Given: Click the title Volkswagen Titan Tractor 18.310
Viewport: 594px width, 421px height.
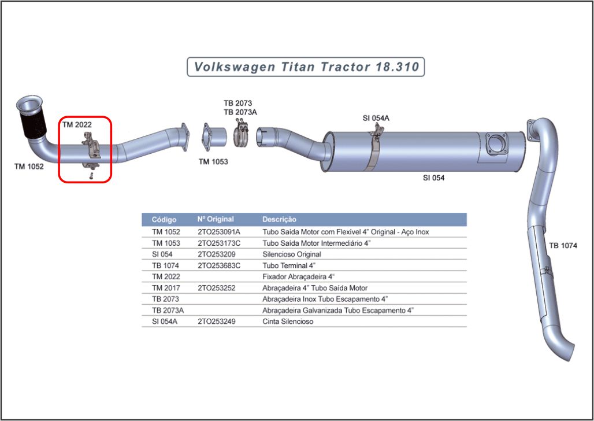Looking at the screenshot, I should (x=306, y=67).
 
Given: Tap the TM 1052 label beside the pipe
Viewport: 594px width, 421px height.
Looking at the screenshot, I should (x=29, y=167).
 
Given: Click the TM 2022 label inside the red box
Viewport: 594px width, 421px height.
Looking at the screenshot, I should (x=76, y=124).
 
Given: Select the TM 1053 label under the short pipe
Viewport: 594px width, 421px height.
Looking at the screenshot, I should (x=213, y=162).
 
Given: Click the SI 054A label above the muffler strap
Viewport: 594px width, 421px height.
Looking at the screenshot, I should (x=376, y=118).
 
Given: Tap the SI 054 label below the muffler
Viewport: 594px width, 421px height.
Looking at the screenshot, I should (x=433, y=178).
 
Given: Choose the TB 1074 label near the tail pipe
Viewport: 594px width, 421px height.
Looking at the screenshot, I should (x=563, y=246).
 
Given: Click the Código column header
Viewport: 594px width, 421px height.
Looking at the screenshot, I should (x=164, y=220).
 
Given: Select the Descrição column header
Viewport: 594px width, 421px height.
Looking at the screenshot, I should (x=279, y=220).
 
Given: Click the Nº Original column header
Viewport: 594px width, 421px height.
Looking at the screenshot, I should (x=216, y=220).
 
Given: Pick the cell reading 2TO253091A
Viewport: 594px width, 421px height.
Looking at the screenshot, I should (x=219, y=232).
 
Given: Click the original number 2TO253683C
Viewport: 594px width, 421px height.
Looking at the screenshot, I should (x=219, y=265).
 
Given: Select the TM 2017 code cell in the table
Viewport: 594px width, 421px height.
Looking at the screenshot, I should (x=166, y=288).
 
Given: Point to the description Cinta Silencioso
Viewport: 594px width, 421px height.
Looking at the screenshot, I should (x=288, y=322).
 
